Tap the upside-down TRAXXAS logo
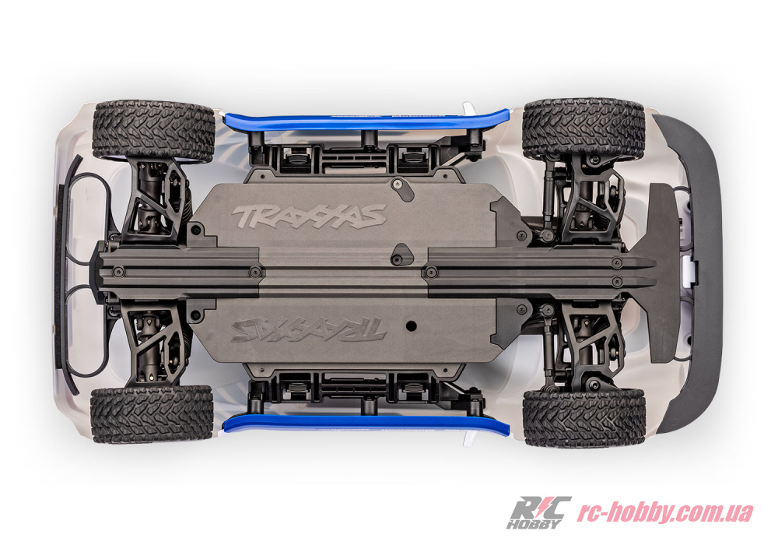pos(309,329)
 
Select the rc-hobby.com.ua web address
pos(664,513)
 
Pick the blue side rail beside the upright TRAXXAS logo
pos(366,120)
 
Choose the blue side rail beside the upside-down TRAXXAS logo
pos(366,424)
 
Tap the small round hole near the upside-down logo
pos(410,325)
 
